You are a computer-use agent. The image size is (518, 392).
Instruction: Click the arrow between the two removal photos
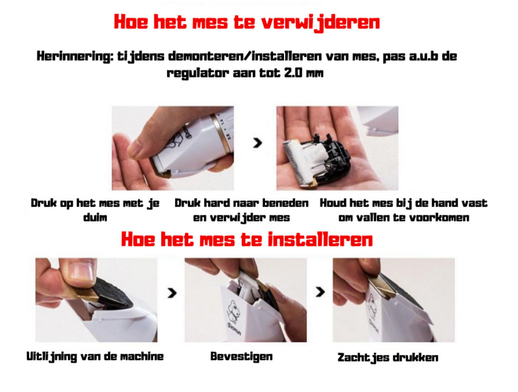pyautogui.click(x=257, y=143)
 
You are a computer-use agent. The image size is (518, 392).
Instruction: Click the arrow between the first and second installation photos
pyautogui.click(x=172, y=293)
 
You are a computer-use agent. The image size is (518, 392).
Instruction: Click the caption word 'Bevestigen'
pyautogui.click(x=242, y=356)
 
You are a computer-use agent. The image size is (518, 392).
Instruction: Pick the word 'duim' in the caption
pyautogui.click(x=95, y=218)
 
